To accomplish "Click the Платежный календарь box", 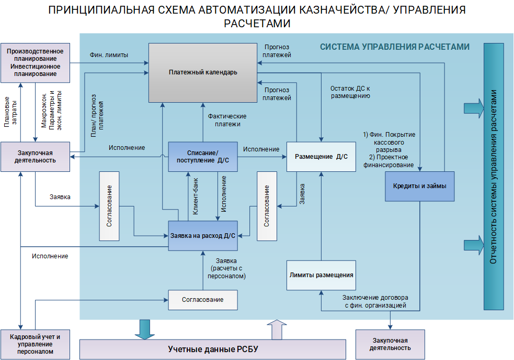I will click(x=203, y=72).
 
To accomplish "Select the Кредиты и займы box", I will click(x=419, y=186).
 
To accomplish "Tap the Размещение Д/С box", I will click(x=321, y=157).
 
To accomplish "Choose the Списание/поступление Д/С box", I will click(x=202, y=157).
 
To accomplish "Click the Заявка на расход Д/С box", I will click(x=203, y=235).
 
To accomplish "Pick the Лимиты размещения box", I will click(x=321, y=275).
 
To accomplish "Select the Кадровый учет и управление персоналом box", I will click(x=36, y=344).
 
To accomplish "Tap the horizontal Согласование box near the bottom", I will click(x=202, y=300).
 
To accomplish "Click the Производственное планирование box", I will click(x=36, y=62).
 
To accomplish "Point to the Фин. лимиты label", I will click(x=109, y=55).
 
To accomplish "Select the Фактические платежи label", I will click(x=227, y=120).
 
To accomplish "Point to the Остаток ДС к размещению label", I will click(x=350, y=92).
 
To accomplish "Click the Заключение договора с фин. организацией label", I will click(x=375, y=301).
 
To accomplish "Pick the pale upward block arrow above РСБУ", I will click(x=277, y=329).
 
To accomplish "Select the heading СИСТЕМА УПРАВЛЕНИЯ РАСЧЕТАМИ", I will click(x=395, y=47).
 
